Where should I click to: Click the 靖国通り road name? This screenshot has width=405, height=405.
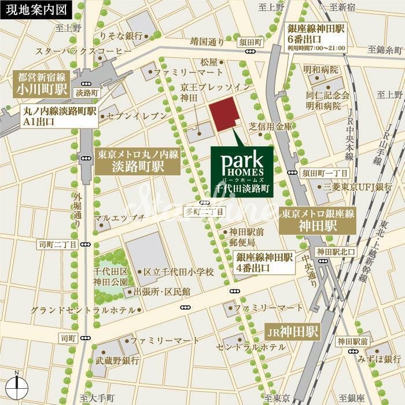click(x=207, y=42)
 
